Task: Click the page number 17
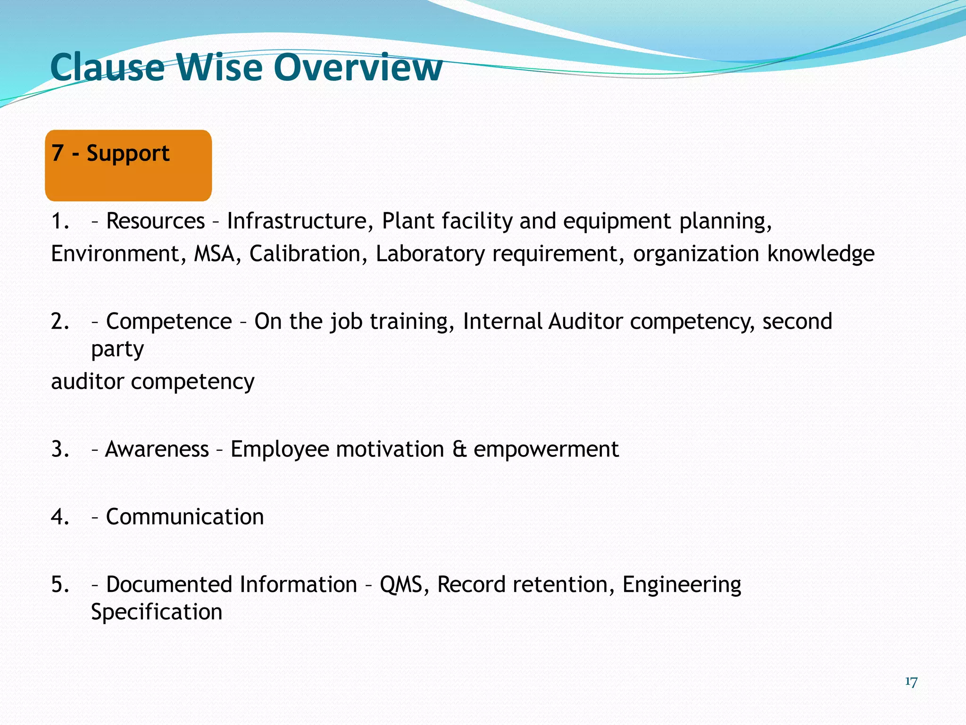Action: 911,682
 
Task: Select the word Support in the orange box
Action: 128,154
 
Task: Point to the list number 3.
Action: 60,449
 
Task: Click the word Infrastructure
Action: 297,221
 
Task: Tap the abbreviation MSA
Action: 215,254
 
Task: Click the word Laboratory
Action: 430,254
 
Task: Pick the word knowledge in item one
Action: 820,254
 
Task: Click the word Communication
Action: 184,517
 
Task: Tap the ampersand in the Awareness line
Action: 459,449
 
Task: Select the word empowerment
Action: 546,449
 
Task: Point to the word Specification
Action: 156,612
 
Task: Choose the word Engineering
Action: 681,584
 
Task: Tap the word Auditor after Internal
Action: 585,321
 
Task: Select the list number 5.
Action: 60,584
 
